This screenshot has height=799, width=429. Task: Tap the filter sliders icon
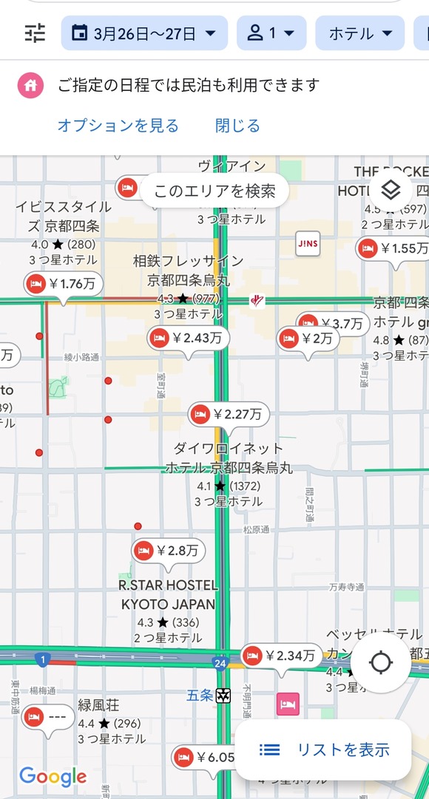35,33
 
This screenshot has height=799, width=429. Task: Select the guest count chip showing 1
271,33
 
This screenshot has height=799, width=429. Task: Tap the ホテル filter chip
359,33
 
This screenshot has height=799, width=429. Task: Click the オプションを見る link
118,126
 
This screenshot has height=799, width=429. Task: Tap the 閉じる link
237,126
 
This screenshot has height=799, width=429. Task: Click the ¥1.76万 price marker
64,283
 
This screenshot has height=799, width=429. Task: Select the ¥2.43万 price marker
188,339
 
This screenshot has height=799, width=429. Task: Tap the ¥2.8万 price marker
168,551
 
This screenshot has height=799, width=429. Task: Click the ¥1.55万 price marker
392,248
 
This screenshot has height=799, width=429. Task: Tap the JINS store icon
307,244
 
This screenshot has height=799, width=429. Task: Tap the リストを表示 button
323,749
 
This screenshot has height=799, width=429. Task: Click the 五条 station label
200,696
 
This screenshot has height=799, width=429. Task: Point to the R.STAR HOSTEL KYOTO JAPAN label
168,594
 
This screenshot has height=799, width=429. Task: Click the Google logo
53,777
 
